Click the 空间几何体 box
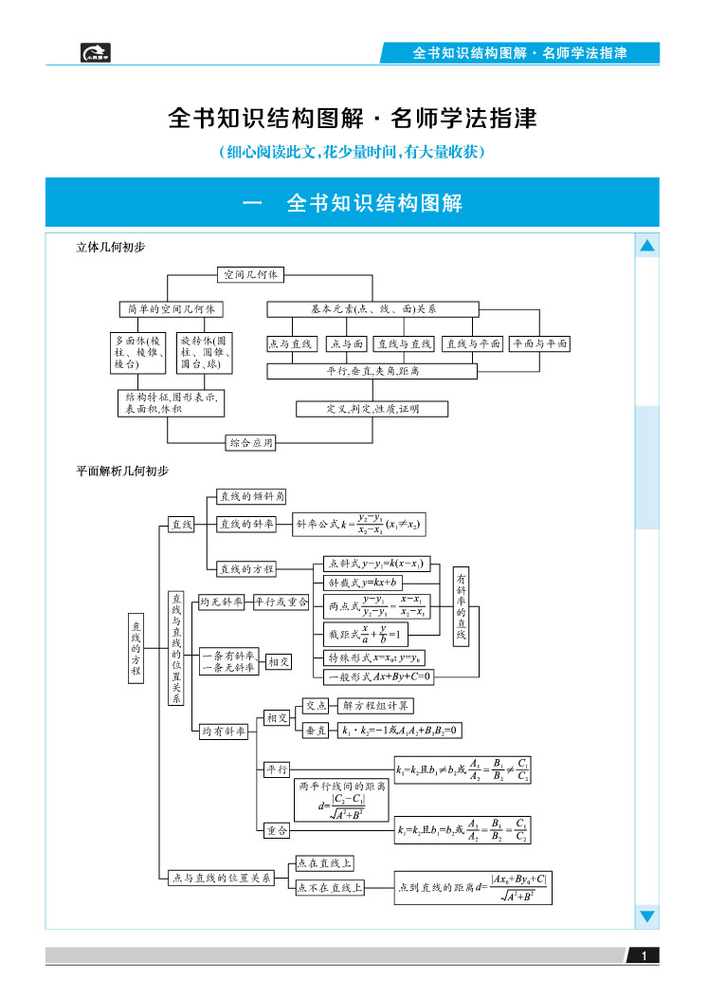250,274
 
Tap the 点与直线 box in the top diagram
290,344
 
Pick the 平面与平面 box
539,344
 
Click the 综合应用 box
251,442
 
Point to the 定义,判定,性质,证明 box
358,409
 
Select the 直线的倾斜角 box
252,496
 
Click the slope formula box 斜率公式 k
357,524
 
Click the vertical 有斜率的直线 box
461,607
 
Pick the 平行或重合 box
281,602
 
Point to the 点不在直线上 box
328,888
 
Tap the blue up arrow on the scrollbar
647,247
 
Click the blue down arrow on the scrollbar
647,917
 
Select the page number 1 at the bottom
644,956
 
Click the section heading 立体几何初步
111,247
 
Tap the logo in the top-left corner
96,53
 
